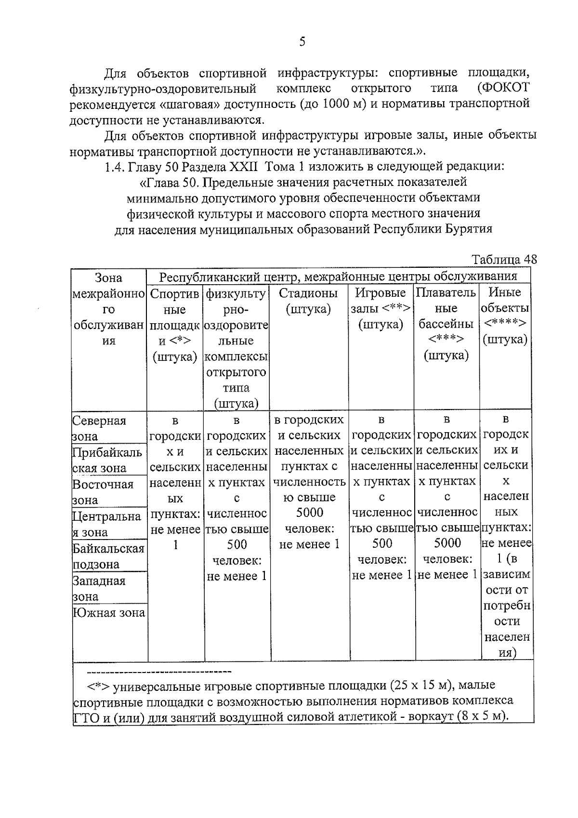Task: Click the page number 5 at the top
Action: pos(302,42)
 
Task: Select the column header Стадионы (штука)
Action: pos(308,301)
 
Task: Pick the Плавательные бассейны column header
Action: pos(447,324)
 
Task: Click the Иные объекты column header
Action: pos(505,316)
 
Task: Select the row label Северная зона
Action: pos(99,428)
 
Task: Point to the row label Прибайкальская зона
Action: pos(106,460)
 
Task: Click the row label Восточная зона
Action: pos(103,492)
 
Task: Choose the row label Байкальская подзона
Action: pos(108,556)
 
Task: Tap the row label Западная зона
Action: pos(99,588)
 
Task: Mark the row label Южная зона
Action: pos(108,613)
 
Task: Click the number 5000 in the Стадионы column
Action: pos(309,513)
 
